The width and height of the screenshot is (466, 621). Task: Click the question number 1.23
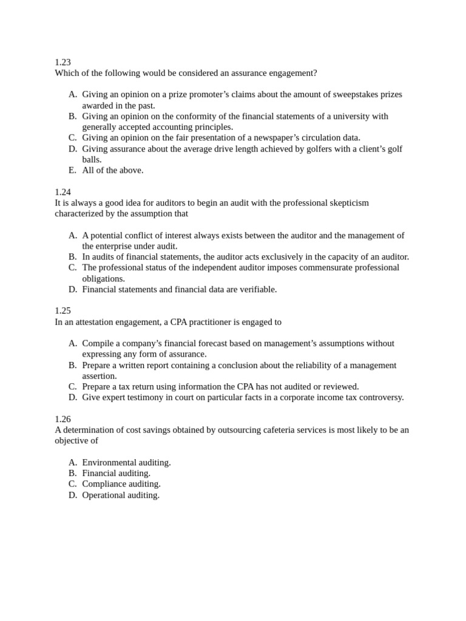tap(62, 62)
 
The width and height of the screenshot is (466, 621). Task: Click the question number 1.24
tap(62, 192)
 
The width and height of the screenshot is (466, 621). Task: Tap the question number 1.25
tap(62, 311)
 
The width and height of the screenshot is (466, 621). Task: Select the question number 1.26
tap(62, 419)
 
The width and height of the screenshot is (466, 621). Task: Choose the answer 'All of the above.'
tap(113, 170)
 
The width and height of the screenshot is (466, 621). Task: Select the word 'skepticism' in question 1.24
tap(348, 203)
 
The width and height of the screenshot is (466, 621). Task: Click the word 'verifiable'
tap(254, 290)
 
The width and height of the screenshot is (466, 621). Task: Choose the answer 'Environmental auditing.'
tap(126, 463)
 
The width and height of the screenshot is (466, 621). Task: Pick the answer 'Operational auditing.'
tap(121, 495)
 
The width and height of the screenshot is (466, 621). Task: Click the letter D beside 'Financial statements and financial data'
tap(73, 290)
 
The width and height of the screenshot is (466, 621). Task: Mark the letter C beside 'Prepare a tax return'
tap(73, 387)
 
